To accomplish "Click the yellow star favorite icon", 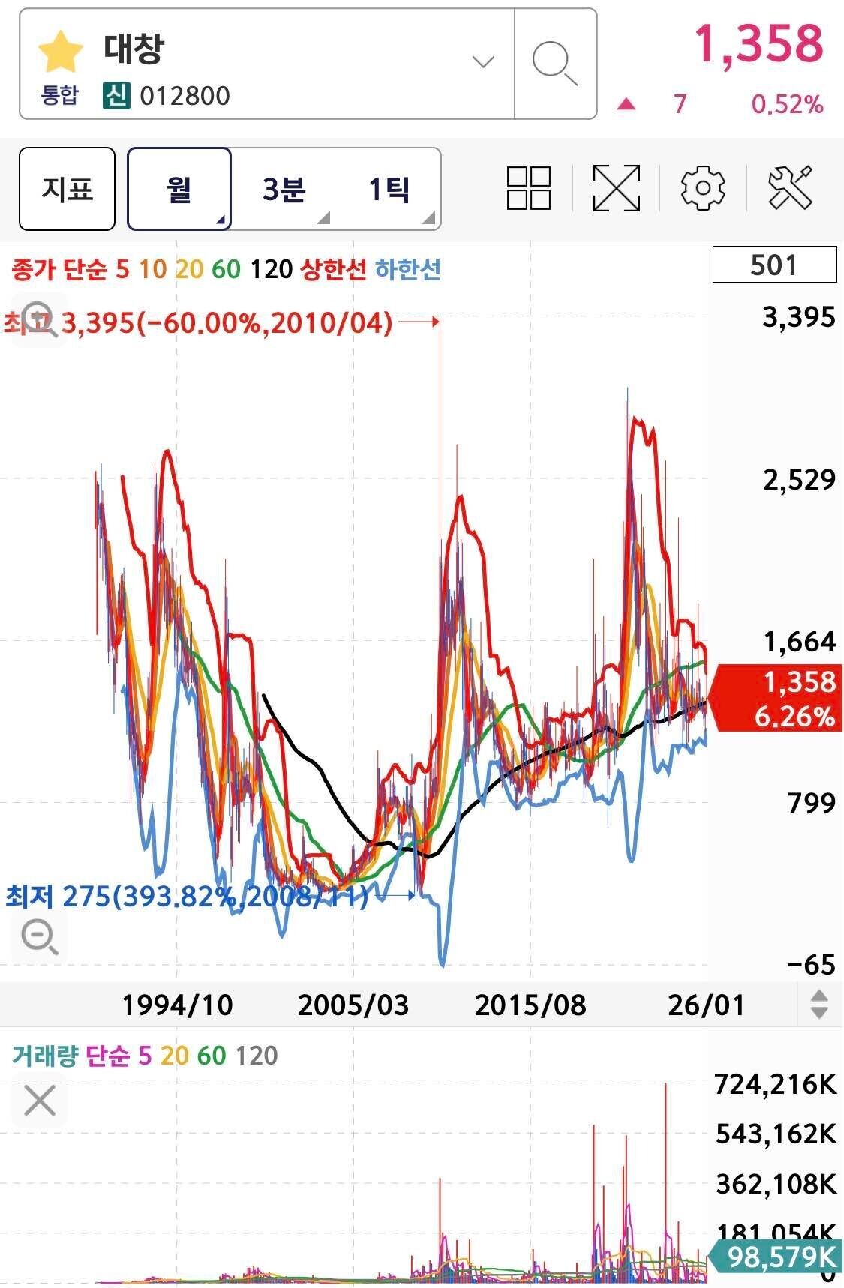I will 60,52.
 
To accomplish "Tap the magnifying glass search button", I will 554,64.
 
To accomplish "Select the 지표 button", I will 67,189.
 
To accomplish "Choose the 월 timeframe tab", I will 179,189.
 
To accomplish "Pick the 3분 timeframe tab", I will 284,189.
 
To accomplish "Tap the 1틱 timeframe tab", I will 389,189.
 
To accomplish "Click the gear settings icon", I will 703,188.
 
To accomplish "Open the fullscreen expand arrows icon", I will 617,188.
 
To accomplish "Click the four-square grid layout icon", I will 529,188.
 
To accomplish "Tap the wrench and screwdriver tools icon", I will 791,188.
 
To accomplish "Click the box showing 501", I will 774,265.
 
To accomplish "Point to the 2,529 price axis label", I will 799,480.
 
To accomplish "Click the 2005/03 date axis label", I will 353,1005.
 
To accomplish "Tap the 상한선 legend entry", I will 333,268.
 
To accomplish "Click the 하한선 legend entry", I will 407,268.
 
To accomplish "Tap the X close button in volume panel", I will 40,1101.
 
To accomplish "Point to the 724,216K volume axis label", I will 776,1084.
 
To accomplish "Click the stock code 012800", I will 185,96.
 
